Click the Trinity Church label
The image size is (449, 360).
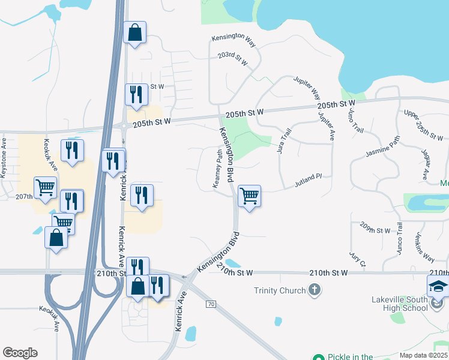[x=280, y=291]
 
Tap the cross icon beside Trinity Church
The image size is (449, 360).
[x=314, y=291]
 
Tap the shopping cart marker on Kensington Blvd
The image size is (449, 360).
[x=249, y=196]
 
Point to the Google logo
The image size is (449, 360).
[x=20, y=353]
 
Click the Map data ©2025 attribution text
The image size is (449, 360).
[x=423, y=355]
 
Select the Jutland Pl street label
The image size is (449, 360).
[x=309, y=180]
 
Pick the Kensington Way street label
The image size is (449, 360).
[x=234, y=37]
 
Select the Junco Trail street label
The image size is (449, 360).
[x=399, y=238]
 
